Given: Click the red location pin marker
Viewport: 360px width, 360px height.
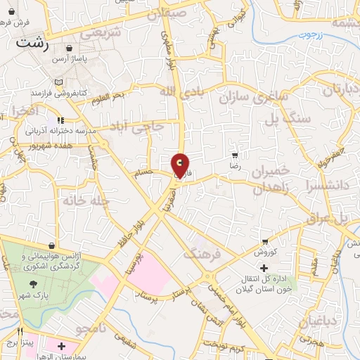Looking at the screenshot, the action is coord(180,165).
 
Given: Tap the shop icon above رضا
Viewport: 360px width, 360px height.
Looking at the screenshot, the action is coord(235,155).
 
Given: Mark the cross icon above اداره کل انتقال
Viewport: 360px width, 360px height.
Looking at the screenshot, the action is coord(264,268).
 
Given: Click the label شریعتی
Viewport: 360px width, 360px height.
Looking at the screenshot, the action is coord(100,32).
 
